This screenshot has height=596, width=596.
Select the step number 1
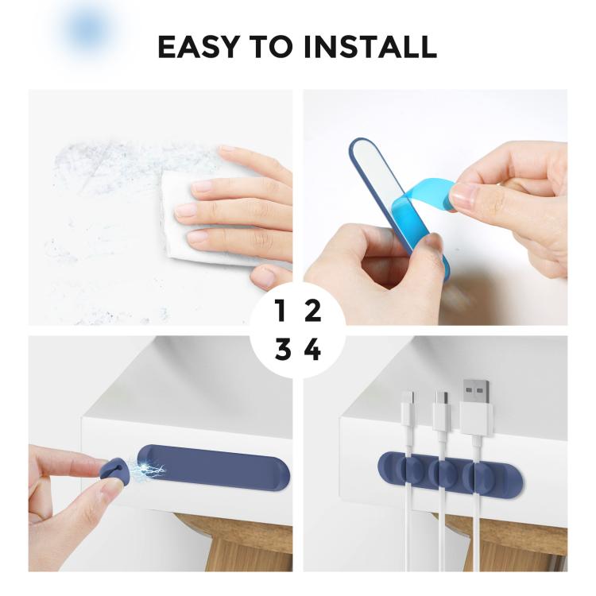[280, 311]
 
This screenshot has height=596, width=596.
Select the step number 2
[313, 311]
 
